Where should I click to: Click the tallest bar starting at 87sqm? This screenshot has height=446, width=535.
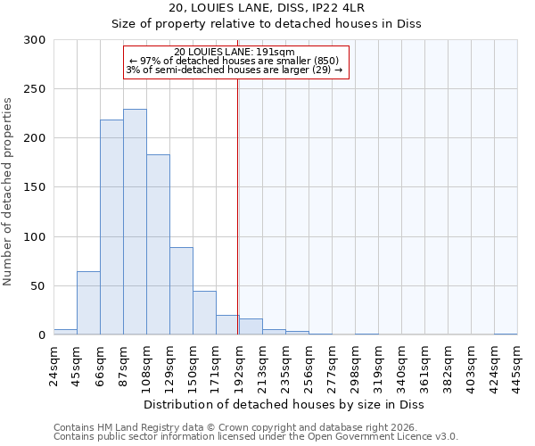(x=135, y=222)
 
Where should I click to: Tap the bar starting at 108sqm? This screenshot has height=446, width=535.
(x=158, y=244)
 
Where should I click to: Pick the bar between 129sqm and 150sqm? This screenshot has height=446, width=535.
(x=181, y=291)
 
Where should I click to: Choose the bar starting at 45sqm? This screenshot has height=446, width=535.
(x=88, y=303)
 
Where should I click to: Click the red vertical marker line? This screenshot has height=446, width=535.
(x=237, y=205)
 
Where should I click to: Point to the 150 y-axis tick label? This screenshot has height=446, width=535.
(x=35, y=188)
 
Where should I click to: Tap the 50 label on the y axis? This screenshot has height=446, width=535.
(x=38, y=286)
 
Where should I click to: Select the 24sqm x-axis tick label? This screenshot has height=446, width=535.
(x=54, y=365)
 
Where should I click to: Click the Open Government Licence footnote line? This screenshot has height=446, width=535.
(x=256, y=437)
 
